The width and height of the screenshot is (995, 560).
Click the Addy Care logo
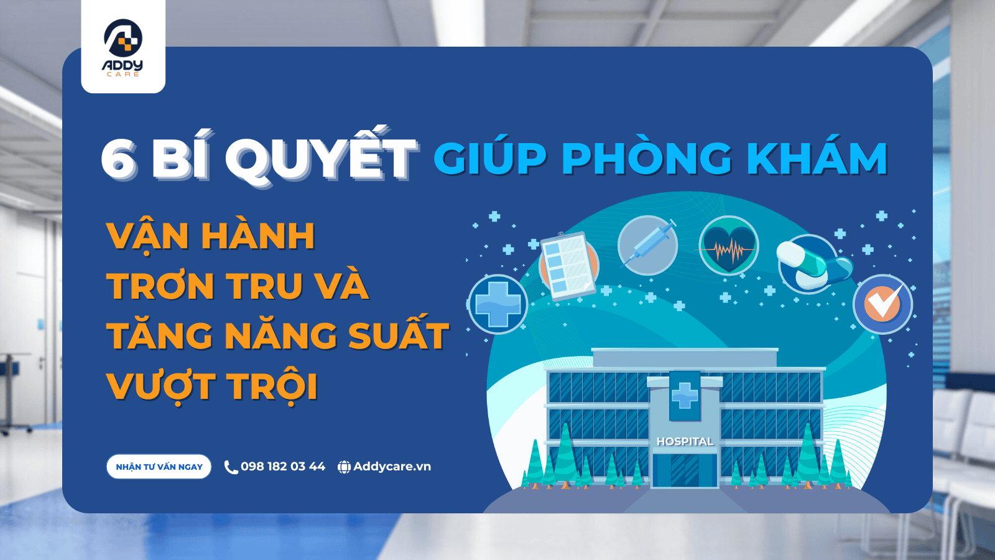[x=123, y=47]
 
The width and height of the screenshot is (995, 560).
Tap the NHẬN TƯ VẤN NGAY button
[x=159, y=467]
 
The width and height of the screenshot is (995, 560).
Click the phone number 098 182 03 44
[x=283, y=467]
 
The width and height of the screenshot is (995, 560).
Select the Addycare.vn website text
[x=392, y=467]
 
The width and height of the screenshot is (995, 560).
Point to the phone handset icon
[x=231, y=467]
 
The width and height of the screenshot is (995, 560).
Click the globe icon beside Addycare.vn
[x=344, y=467]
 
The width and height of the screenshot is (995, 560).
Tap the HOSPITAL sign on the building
[x=685, y=441]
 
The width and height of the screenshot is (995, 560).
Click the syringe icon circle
[x=647, y=245]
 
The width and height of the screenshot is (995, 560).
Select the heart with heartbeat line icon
[x=728, y=245]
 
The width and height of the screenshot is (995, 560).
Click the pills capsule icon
[x=813, y=264]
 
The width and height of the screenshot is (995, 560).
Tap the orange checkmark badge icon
[x=883, y=304]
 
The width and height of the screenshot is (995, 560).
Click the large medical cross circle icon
[x=498, y=304]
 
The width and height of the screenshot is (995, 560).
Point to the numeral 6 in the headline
[x=119, y=159]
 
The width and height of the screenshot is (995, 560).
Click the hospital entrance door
[x=685, y=470]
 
